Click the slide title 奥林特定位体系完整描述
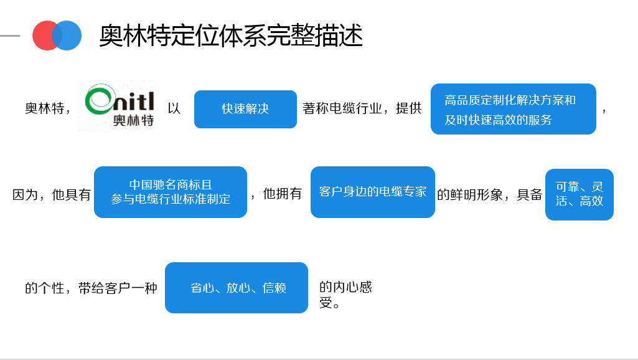(x=231, y=36)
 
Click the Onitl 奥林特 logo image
(x=116, y=106)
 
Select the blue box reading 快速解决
(x=245, y=109)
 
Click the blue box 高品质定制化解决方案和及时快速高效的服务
(x=513, y=109)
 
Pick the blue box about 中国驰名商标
(x=171, y=192)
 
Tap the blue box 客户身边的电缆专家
(x=372, y=192)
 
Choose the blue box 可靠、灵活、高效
(x=579, y=194)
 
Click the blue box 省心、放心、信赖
(x=237, y=288)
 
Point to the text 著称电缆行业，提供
(x=362, y=108)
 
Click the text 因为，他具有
(x=52, y=194)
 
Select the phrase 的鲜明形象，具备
(x=490, y=194)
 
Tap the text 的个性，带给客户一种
(x=91, y=288)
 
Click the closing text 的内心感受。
(x=345, y=295)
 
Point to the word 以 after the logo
(x=174, y=108)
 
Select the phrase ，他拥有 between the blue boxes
(x=276, y=194)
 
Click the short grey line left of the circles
(x=10, y=36)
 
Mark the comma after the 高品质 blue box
(x=604, y=110)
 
